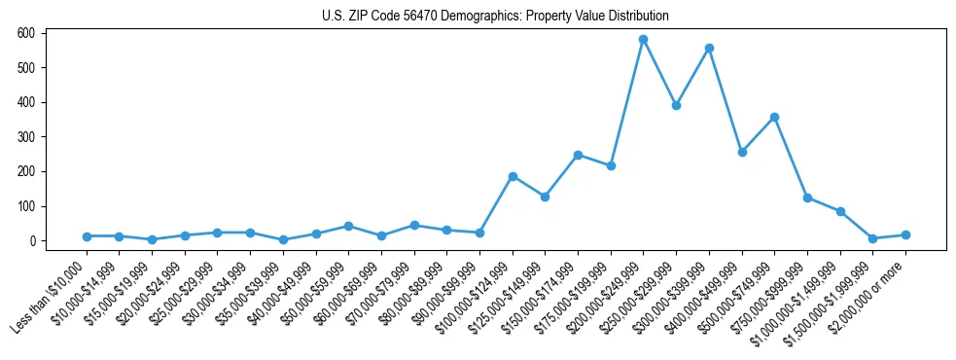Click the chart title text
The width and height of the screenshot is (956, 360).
pyautogui.click(x=495, y=17)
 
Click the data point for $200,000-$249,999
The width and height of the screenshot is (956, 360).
pyautogui.click(x=643, y=40)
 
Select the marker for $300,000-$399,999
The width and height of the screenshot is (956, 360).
pyautogui.click(x=709, y=48)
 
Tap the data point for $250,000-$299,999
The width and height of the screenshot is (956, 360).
pyautogui.click(x=676, y=105)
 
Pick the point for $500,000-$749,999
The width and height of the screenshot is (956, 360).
pyautogui.click(x=774, y=117)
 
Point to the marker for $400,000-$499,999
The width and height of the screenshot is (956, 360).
pyautogui.click(x=742, y=152)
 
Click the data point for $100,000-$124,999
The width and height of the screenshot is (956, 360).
pyautogui.click(x=513, y=176)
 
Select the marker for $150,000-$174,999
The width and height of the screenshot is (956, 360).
pyautogui.click(x=578, y=155)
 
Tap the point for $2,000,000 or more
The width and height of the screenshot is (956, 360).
pyautogui.click(x=905, y=234)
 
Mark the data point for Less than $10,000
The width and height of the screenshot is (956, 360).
pyautogui.click(x=87, y=236)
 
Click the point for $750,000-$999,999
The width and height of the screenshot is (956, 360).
pyautogui.click(x=807, y=198)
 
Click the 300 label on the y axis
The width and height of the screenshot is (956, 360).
pyautogui.click(x=26, y=137)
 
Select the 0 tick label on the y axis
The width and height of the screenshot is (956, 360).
pyautogui.click(x=31, y=241)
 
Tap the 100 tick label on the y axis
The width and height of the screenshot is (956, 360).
pyautogui.click(x=26, y=206)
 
